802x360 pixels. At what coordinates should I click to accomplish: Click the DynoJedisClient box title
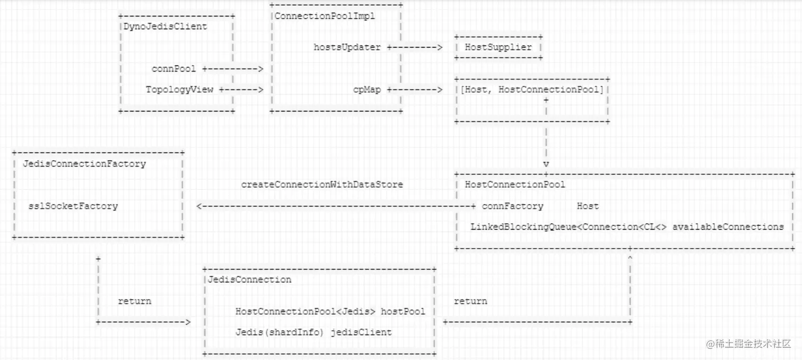[x=165, y=26]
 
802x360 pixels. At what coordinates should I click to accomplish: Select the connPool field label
[x=173, y=68]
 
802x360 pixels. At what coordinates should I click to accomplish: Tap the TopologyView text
[x=179, y=90]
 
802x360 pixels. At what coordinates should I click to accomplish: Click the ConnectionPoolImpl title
[x=325, y=16]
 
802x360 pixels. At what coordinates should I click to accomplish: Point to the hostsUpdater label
[x=347, y=47]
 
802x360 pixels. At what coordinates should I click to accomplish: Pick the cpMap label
[x=367, y=90]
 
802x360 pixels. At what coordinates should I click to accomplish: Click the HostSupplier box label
[x=498, y=47]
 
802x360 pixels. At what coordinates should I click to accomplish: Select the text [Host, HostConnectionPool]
[x=532, y=90]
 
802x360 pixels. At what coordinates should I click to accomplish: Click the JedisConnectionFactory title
[x=84, y=163]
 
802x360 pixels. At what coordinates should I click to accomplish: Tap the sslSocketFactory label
[x=73, y=206]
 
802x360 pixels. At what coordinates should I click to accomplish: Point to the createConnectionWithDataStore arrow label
[x=322, y=185]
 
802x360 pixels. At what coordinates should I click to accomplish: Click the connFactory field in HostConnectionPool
[x=512, y=206]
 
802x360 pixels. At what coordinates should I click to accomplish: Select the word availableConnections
[x=728, y=227]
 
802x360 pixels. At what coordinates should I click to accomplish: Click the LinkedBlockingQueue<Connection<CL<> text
[x=569, y=227]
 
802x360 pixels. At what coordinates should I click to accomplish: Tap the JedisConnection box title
[x=247, y=279]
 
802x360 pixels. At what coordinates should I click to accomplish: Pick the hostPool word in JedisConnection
[x=403, y=311]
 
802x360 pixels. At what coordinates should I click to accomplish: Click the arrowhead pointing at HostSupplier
[x=439, y=47]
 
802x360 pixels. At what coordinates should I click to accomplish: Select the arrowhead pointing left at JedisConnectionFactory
[x=199, y=206]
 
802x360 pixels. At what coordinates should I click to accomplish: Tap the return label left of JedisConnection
[x=134, y=301]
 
